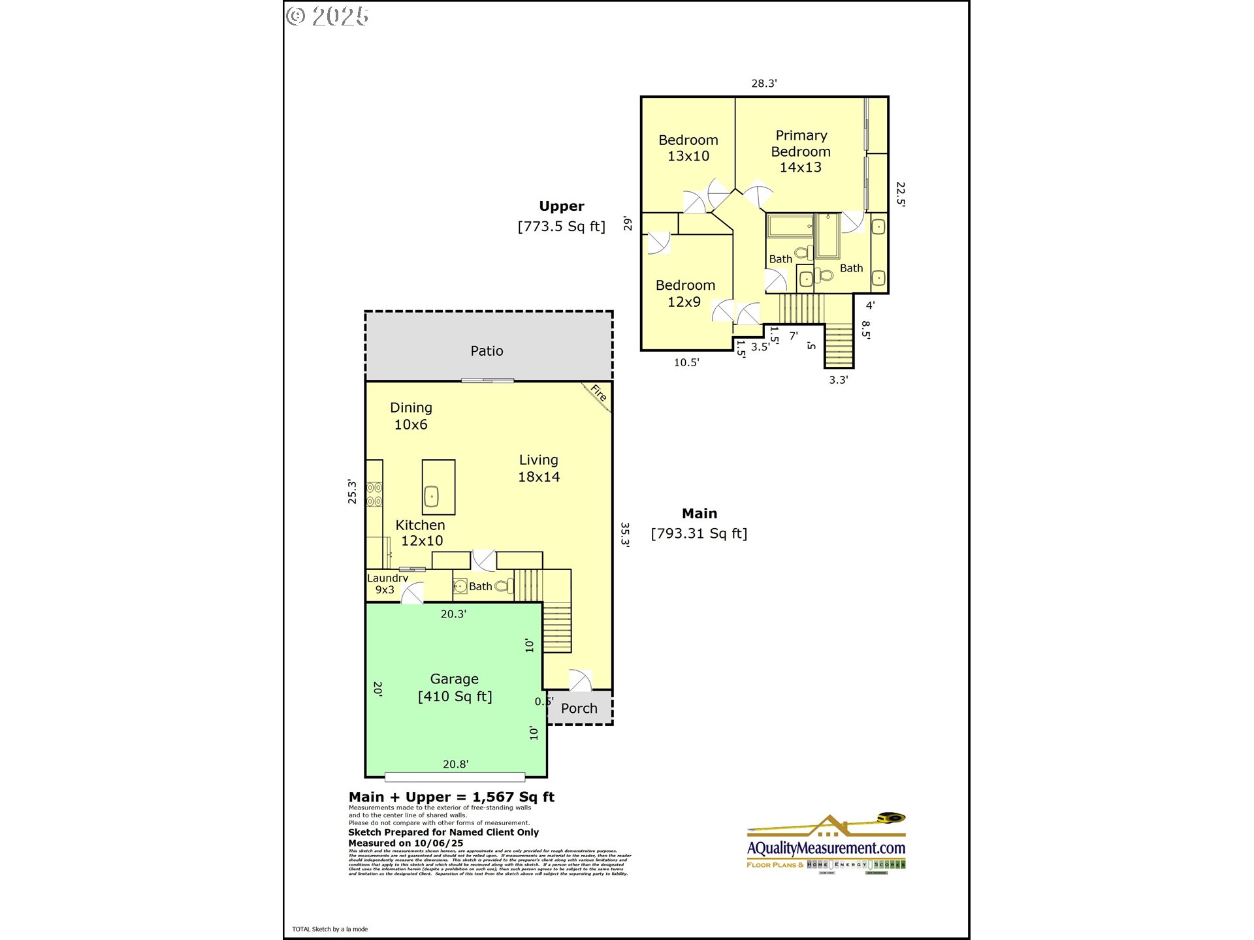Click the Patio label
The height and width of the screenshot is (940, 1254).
(x=487, y=351)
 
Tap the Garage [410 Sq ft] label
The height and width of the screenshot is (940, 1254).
(x=455, y=688)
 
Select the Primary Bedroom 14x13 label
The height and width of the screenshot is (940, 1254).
(x=801, y=151)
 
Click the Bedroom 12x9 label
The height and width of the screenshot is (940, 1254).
(x=685, y=294)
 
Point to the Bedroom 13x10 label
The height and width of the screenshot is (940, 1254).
(x=688, y=148)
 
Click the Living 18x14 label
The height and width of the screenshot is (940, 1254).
(x=539, y=469)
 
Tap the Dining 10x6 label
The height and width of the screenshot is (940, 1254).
(x=411, y=416)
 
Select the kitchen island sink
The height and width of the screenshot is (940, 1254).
(x=432, y=496)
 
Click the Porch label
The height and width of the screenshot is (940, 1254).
(x=579, y=708)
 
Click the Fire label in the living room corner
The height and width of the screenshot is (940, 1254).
(x=598, y=393)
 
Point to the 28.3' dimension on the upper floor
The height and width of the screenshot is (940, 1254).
(x=764, y=84)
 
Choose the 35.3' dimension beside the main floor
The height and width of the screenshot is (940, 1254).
(x=625, y=534)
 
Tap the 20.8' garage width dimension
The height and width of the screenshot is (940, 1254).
(x=455, y=764)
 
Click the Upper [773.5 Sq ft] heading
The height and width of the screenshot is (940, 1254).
(x=562, y=217)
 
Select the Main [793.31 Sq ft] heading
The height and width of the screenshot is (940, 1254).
(x=699, y=524)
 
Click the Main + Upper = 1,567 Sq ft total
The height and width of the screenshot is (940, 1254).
(x=451, y=797)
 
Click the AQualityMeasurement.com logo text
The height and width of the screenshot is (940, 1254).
(x=826, y=848)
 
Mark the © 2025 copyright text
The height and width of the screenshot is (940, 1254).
(x=328, y=16)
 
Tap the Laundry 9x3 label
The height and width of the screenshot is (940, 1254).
(x=387, y=584)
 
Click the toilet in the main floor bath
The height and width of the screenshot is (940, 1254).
(x=504, y=586)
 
